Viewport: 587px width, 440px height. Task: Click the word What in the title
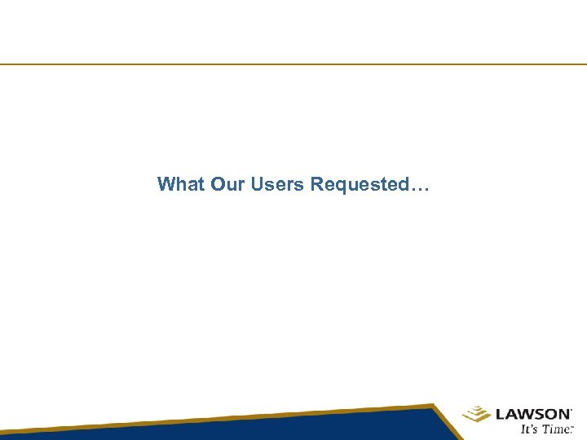click(x=181, y=184)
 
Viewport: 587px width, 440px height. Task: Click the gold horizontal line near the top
click(x=293, y=64)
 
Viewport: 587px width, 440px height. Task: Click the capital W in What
click(x=166, y=184)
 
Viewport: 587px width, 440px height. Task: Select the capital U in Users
click(x=258, y=184)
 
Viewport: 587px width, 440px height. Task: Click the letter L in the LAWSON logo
click(x=499, y=414)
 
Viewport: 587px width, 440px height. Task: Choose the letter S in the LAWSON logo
click(x=537, y=414)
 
